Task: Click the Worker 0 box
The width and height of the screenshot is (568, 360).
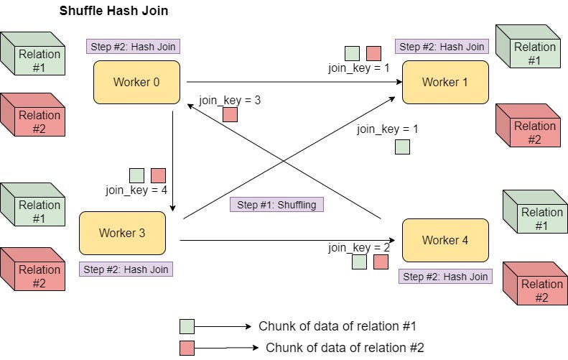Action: [x=136, y=82]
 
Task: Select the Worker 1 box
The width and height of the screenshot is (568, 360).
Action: [x=444, y=82]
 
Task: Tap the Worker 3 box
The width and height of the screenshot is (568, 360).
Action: [x=122, y=233]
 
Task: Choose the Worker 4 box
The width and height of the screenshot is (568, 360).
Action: [x=444, y=240]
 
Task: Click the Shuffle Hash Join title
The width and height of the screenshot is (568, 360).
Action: [x=114, y=11]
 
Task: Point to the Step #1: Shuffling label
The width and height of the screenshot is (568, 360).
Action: [x=277, y=205]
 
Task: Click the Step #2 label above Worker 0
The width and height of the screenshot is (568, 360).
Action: [x=132, y=47]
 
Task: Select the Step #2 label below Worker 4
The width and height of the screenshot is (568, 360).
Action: [x=445, y=277]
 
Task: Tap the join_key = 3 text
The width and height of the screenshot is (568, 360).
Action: [x=230, y=101]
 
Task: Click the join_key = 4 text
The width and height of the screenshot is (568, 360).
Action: [x=136, y=190]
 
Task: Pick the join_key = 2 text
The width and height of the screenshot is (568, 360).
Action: [x=359, y=248]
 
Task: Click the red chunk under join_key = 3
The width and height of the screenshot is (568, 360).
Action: [x=230, y=115]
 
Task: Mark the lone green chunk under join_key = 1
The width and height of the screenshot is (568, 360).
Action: [x=402, y=147]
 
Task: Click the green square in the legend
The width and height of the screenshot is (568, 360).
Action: [x=187, y=326]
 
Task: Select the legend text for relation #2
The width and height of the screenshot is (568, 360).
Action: [x=345, y=348]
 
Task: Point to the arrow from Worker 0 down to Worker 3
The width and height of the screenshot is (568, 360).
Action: [x=173, y=158]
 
